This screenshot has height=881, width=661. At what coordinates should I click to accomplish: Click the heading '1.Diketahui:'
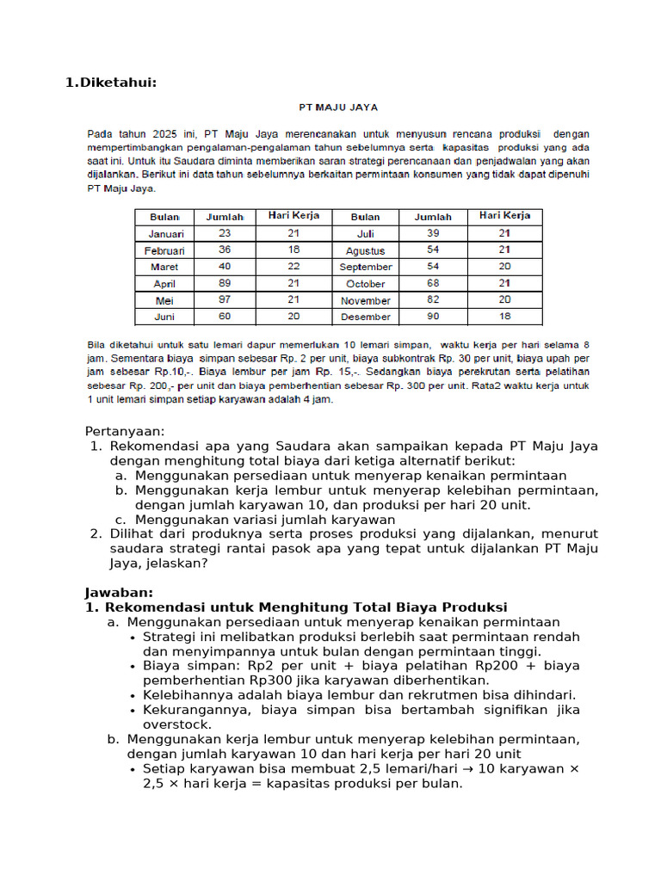(x=112, y=83)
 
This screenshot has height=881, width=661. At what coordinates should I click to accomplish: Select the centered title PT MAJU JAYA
(x=338, y=108)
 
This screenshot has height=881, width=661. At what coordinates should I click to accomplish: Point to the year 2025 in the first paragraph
(x=164, y=134)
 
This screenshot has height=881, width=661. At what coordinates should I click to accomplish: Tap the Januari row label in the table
(x=164, y=233)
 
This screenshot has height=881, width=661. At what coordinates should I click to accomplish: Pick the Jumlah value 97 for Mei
(x=225, y=300)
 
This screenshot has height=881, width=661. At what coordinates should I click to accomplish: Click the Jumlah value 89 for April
(x=225, y=283)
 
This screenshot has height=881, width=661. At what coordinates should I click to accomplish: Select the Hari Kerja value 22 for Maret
(x=293, y=267)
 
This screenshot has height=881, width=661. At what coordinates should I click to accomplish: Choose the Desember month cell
(x=365, y=317)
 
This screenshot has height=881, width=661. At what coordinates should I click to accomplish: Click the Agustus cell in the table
(x=365, y=250)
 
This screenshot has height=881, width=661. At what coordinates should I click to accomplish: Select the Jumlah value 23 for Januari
(x=225, y=233)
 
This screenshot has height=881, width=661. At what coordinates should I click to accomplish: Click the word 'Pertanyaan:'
(x=124, y=431)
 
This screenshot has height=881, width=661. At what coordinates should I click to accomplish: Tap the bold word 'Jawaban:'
(x=119, y=592)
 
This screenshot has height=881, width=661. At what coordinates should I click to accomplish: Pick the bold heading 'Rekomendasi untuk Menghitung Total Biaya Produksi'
(x=306, y=607)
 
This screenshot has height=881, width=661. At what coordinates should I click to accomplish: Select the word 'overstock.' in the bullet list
(x=176, y=724)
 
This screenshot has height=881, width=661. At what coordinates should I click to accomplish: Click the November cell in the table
(x=365, y=300)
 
